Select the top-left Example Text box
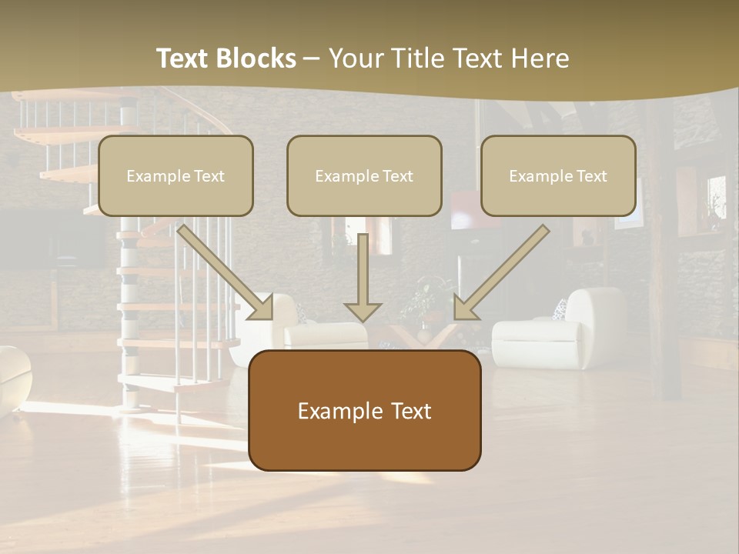coord(176,175)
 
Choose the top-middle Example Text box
coord(364,175)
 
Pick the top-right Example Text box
coord(558,175)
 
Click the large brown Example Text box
coord(364,411)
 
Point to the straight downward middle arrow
coord(363,277)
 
